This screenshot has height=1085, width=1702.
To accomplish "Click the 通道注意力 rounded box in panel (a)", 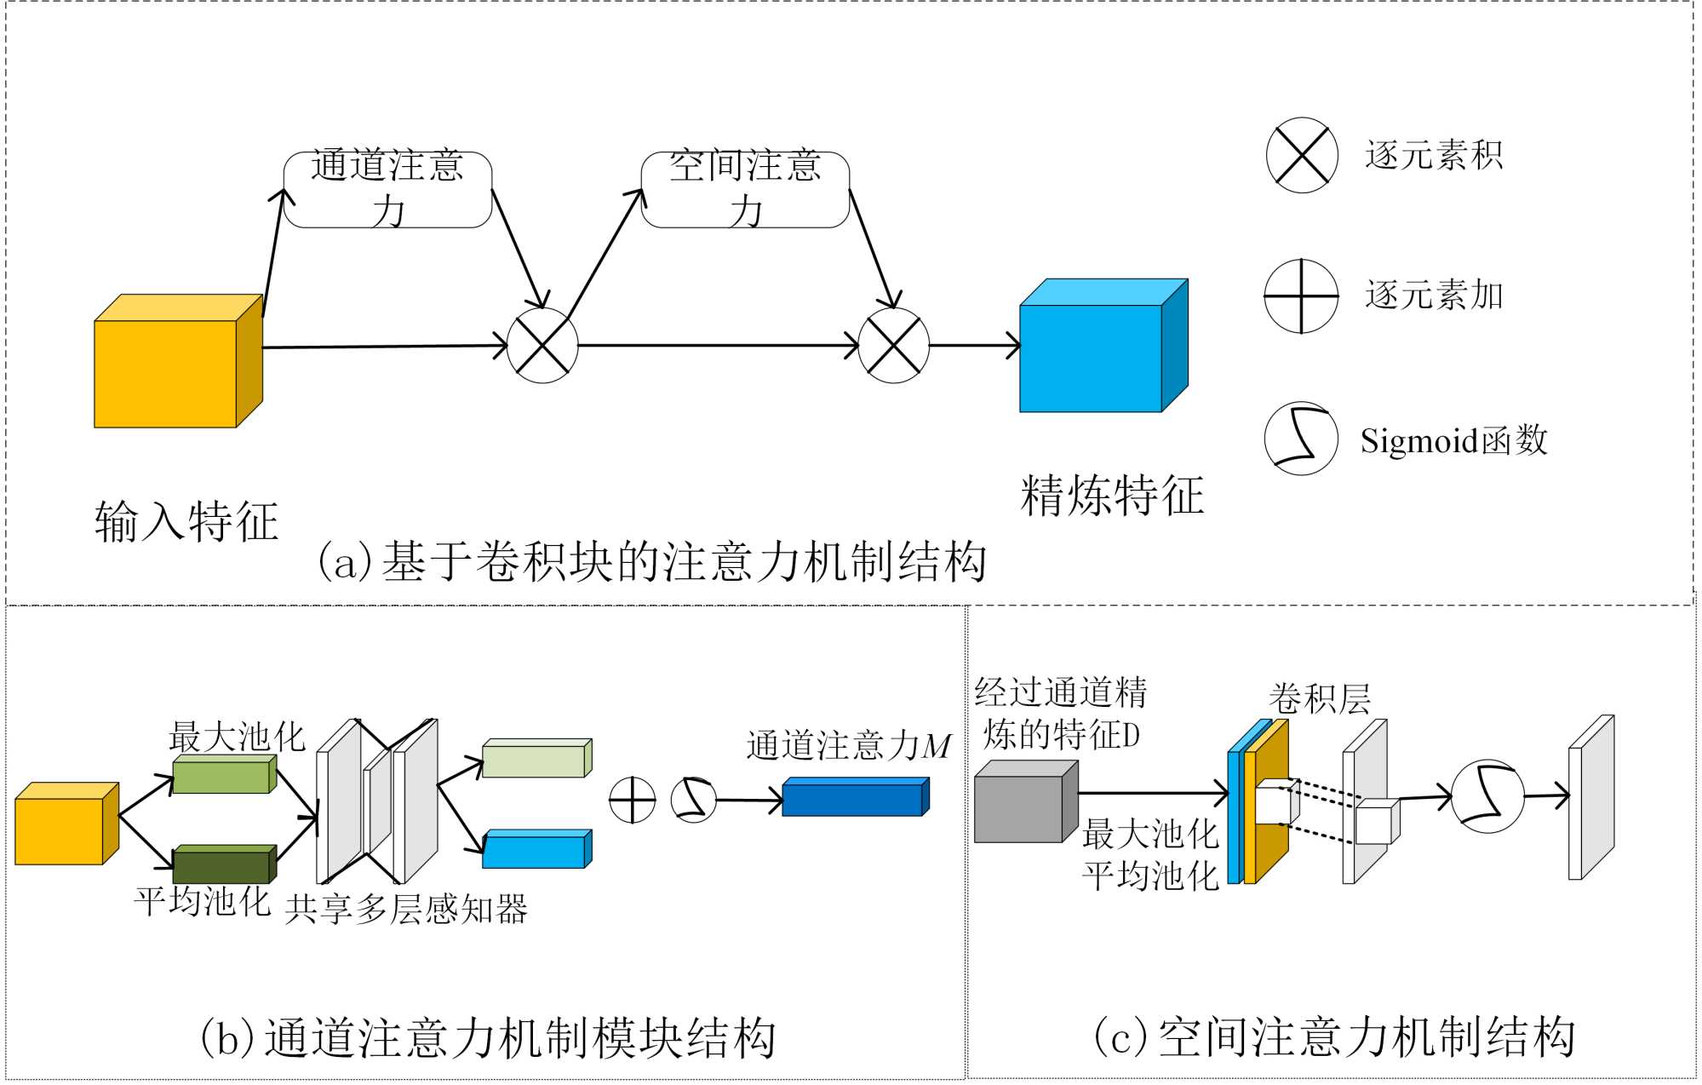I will tap(387, 189).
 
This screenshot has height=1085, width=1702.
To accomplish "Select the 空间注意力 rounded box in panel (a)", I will tap(745, 189).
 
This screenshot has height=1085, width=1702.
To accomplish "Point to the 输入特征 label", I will tap(186, 521).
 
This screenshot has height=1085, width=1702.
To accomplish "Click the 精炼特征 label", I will tap(1112, 496).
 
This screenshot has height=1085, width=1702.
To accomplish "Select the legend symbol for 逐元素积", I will tap(1302, 155).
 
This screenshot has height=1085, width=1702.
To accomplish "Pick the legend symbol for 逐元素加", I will tap(1301, 296).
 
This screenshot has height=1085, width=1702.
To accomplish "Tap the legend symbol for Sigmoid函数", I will tap(1301, 439).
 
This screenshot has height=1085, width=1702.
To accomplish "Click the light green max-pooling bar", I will tap(221, 777).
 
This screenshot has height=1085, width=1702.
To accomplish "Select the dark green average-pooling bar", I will tap(221, 866).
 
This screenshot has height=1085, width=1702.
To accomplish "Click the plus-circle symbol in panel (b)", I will tap(633, 801).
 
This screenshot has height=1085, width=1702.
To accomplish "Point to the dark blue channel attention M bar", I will tap(852, 799).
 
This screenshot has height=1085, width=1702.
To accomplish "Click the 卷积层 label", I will tap(1320, 698).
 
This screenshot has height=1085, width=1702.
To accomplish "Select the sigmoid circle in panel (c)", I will tap(1487, 796).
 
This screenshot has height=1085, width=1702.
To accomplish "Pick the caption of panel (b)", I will tap(487, 1038).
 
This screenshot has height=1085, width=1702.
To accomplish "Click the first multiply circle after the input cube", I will tap(542, 346).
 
